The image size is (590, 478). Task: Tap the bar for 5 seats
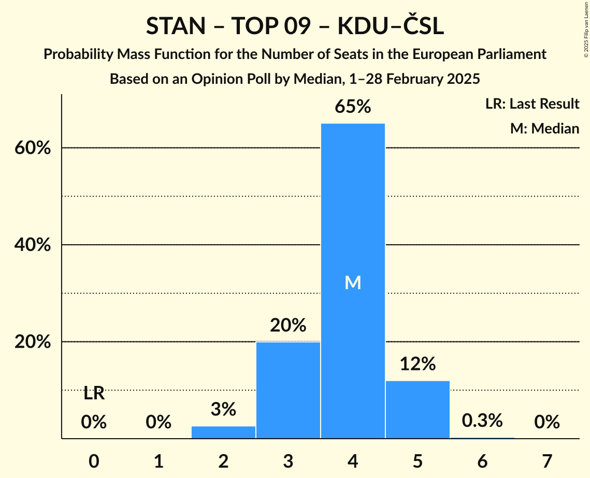(418, 409)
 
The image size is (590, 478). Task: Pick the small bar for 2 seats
(223, 432)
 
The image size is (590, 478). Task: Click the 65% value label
(353, 107)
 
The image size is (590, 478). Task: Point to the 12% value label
(418, 364)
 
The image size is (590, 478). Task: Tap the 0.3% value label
(482, 421)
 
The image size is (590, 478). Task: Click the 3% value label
(223, 410)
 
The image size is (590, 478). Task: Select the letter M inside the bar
(353, 282)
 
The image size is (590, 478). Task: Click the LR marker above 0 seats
(94, 394)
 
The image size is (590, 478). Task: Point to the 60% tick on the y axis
(32, 148)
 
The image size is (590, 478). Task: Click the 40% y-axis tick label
(32, 245)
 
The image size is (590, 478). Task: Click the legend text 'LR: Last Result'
(532, 104)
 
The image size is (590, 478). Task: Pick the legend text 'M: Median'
(544, 128)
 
